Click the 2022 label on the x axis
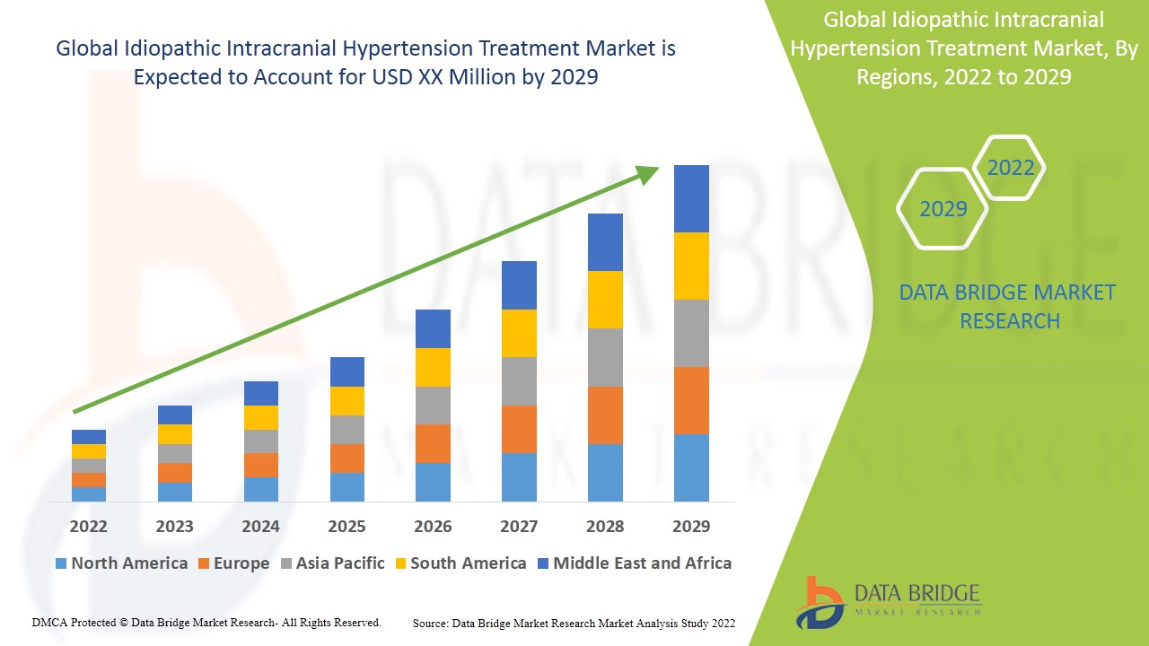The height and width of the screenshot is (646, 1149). pyautogui.click(x=88, y=526)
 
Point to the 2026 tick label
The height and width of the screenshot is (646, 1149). pyautogui.click(x=433, y=526)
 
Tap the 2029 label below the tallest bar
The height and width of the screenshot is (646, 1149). pyautogui.click(x=691, y=526)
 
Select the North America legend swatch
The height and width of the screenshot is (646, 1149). pyautogui.click(x=61, y=563)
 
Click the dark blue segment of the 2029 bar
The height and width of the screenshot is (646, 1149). pyautogui.click(x=691, y=198)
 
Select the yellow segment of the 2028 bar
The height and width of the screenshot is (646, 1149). pyautogui.click(x=605, y=300)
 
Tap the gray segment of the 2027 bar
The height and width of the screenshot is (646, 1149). pyautogui.click(x=519, y=381)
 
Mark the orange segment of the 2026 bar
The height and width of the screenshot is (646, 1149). pyautogui.click(x=433, y=443)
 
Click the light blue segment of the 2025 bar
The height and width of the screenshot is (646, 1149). pyautogui.click(x=346, y=486)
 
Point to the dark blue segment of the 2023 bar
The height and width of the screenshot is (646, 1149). pyautogui.click(x=174, y=415)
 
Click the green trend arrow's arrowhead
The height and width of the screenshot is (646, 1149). pyautogui.click(x=648, y=173)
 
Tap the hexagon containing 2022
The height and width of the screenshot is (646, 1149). pyautogui.click(x=1010, y=168)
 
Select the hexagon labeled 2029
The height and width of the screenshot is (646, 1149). pyautogui.click(x=943, y=209)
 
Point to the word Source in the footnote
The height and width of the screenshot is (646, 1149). pyautogui.click(x=431, y=623)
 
